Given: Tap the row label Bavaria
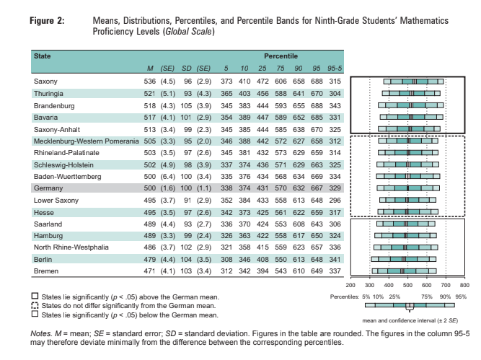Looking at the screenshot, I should (x=45, y=116).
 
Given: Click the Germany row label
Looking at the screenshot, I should (x=48, y=187).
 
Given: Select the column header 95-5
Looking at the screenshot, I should (x=333, y=68).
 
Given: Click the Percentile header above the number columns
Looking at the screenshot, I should (x=279, y=56).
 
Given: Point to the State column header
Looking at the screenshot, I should (x=43, y=56).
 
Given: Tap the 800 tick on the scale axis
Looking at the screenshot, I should (x=464, y=286).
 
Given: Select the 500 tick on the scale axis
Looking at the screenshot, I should (x=407, y=286).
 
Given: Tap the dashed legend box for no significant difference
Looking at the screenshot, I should (x=35, y=306).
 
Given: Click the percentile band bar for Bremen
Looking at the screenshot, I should (x=402, y=271).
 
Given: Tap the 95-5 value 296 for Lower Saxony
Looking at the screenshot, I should (x=334, y=199).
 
